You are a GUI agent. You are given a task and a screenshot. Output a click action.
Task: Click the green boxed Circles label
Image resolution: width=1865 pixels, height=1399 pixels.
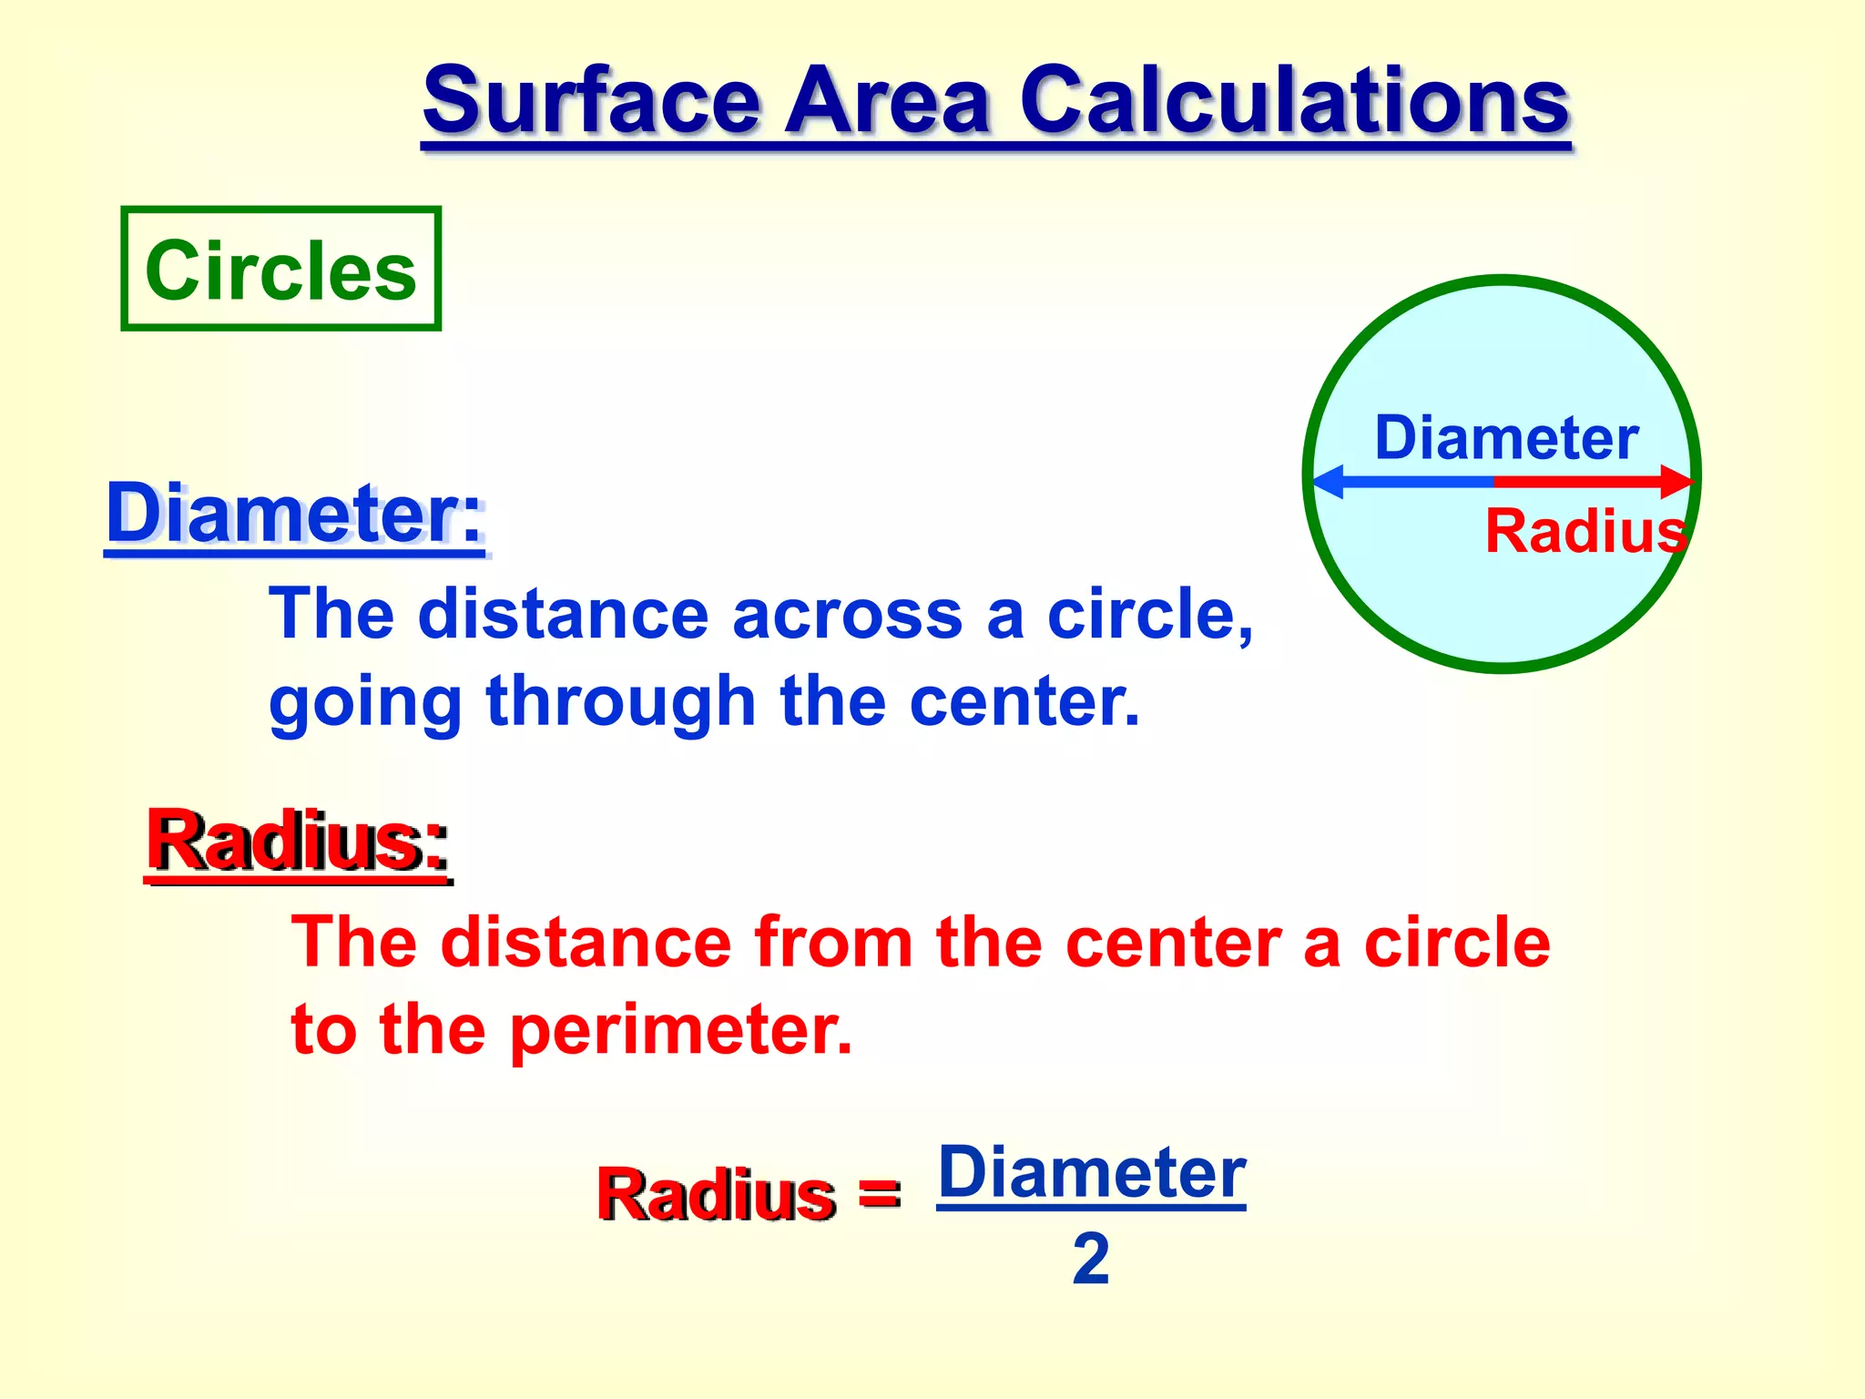280,270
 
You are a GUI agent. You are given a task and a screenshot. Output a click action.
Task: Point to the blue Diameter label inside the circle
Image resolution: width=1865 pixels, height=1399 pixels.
1506,438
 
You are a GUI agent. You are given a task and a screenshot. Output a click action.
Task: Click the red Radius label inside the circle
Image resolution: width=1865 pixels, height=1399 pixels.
1585,531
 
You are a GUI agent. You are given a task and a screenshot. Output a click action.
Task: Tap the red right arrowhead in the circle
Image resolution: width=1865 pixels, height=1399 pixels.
1675,481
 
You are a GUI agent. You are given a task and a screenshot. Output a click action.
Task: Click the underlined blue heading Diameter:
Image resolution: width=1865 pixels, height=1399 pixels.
296,515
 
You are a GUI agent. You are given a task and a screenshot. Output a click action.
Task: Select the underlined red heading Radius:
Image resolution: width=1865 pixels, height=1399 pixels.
298,842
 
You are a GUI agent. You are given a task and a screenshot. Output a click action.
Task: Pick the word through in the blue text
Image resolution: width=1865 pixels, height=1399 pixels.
621,701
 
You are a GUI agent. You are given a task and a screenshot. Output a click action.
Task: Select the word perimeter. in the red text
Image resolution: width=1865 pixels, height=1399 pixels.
680,1029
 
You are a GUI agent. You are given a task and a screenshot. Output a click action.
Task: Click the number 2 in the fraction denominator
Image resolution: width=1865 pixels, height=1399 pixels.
1090,1260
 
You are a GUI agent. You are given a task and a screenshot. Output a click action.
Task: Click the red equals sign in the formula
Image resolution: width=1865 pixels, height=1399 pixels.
879,1193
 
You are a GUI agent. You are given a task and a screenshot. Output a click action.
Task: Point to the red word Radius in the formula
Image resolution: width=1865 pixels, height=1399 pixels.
716,1193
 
